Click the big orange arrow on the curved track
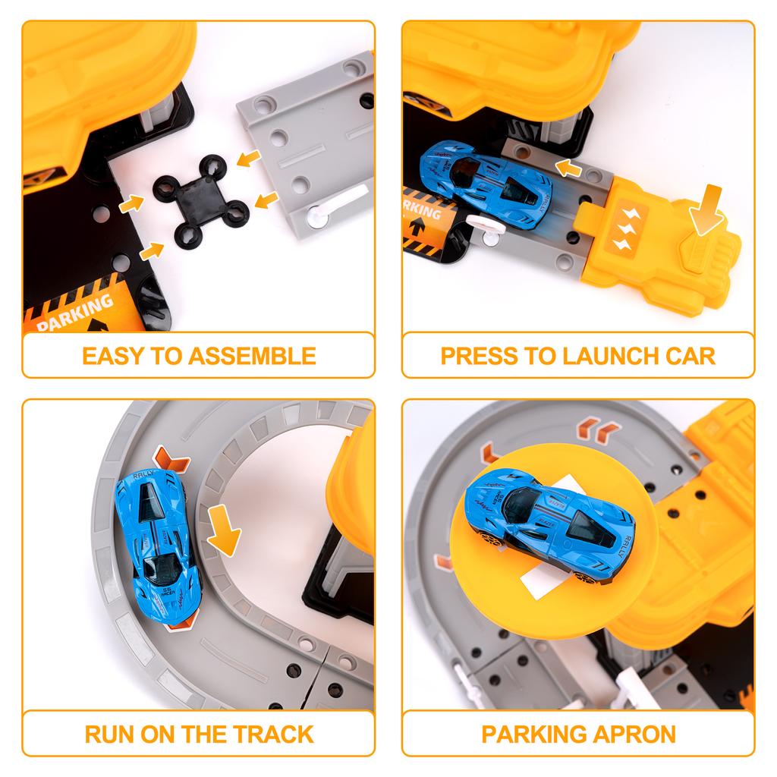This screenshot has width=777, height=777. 224,532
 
